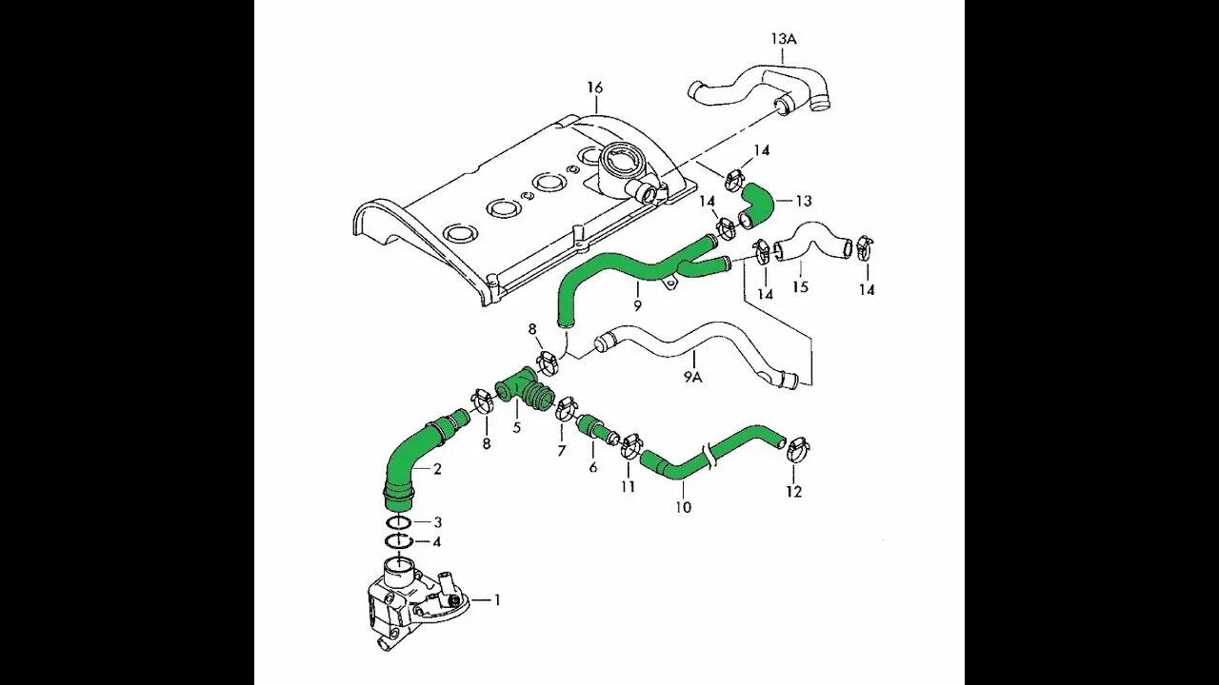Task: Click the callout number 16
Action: [x=595, y=88]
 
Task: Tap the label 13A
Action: [x=783, y=39]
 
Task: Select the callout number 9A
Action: [x=693, y=376]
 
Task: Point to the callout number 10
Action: [x=683, y=507]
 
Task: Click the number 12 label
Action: [x=794, y=492]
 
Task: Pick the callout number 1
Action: [x=496, y=599]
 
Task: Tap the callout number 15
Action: [x=800, y=285]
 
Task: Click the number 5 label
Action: [x=516, y=427]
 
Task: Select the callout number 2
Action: [x=437, y=468]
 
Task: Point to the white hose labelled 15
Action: [x=809, y=242]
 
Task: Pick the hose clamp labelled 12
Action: [x=798, y=444]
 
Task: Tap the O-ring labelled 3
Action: [x=400, y=522]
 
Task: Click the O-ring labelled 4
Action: [x=400, y=541]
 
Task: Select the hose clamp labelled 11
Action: [x=629, y=443]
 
